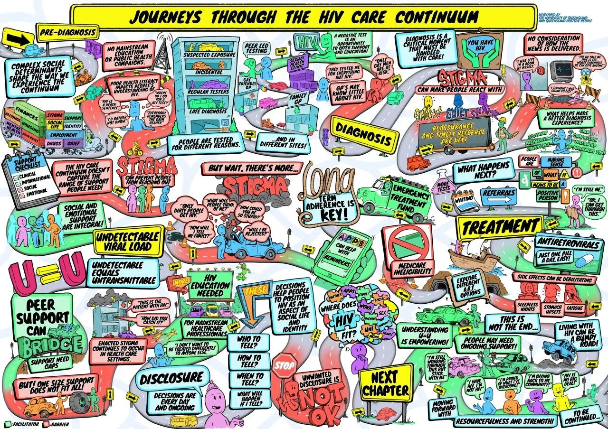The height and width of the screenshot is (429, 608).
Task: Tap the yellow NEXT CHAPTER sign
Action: [385, 383]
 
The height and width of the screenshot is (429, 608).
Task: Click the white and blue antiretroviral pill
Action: [586, 261]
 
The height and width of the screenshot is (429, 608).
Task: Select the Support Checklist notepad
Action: [27, 180]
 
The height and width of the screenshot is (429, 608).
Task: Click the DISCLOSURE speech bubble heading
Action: [171, 379]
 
